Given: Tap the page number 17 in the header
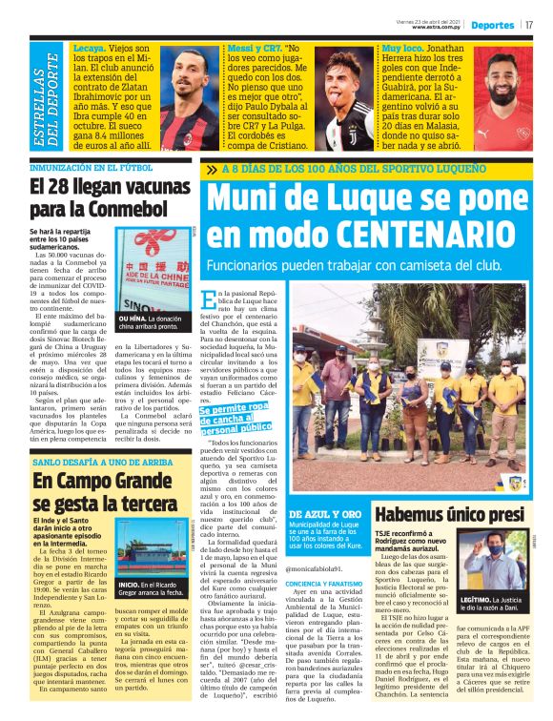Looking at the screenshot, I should coord(529,25).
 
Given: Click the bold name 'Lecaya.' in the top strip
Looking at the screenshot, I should coord(89,48).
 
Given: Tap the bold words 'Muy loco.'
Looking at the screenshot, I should coord(401,48).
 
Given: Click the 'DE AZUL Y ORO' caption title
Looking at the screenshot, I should coord(325,513).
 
